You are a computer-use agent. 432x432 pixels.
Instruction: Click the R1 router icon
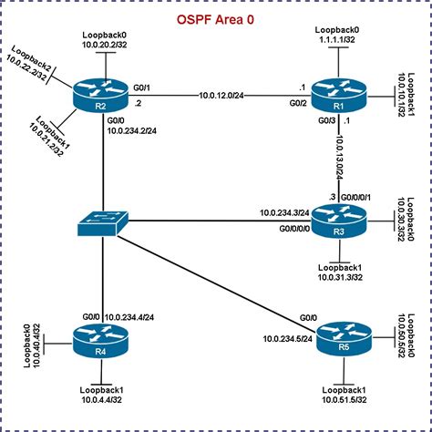(x=337, y=93)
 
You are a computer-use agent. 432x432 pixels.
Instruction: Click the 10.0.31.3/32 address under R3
(x=340, y=279)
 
